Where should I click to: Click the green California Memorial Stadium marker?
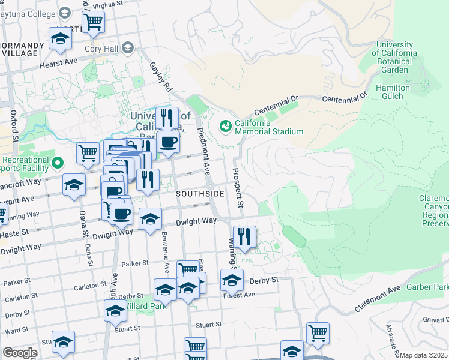(x=226, y=126)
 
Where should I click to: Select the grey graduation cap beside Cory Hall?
(x=128, y=47)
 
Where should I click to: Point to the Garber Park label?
(x=427, y=287)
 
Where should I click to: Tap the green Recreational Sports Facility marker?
(x=58, y=163)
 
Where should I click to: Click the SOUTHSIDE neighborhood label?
(x=200, y=194)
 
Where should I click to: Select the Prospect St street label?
(x=239, y=187)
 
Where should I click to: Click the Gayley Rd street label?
(x=161, y=77)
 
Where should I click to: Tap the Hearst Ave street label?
(x=59, y=62)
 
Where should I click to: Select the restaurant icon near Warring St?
(x=244, y=236)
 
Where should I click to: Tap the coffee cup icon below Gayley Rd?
(x=169, y=143)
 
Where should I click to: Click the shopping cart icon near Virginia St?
(x=93, y=22)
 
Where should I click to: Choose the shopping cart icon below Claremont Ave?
(x=318, y=332)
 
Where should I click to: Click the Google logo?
(x=19, y=353)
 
